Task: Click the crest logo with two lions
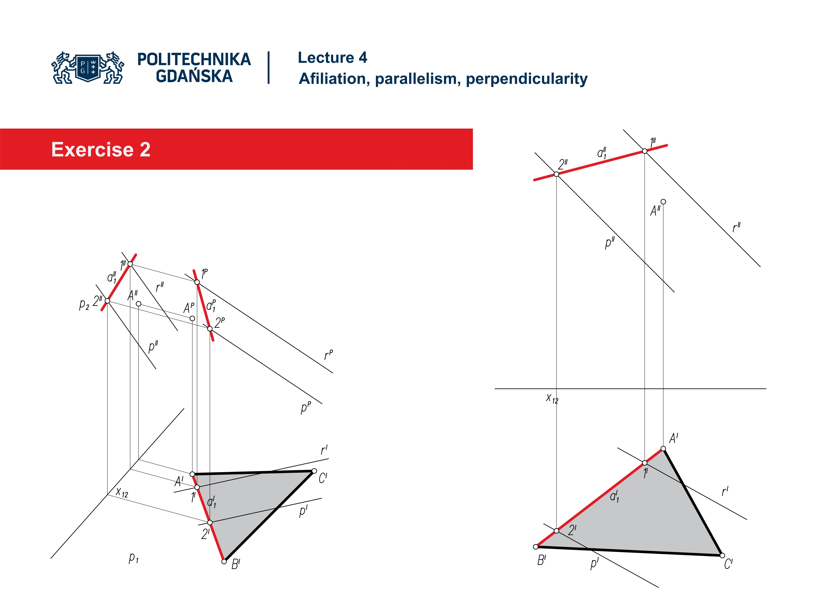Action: [88, 68]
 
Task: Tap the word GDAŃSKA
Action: [194, 76]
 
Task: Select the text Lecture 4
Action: [332, 58]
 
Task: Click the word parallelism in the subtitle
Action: [418, 79]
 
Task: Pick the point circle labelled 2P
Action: [210, 328]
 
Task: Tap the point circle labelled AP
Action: [192, 318]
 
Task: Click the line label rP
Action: [328, 355]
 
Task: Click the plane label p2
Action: [84, 304]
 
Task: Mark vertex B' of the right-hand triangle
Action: [536, 547]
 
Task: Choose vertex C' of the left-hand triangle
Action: [314, 471]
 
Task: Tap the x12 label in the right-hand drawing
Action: [552, 398]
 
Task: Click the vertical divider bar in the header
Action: [269, 68]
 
